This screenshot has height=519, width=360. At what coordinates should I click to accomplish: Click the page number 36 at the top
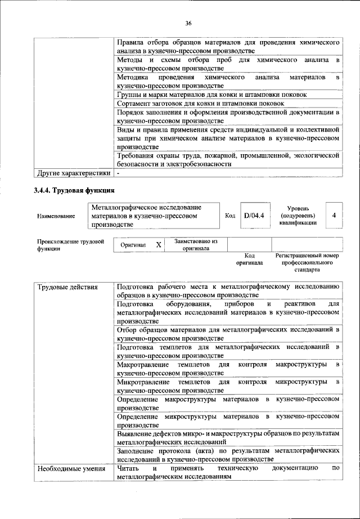[188, 23]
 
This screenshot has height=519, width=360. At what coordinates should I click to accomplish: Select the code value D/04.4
[254, 215]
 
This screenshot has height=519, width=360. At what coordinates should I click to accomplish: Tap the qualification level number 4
[334, 215]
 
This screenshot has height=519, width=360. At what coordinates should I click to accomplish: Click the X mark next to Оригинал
[159, 245]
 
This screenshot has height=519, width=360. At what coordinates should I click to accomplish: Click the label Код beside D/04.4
[230, 215]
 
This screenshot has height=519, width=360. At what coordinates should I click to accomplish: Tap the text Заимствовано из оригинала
[196, 244]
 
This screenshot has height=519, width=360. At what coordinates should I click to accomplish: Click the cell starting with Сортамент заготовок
[200, 104]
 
